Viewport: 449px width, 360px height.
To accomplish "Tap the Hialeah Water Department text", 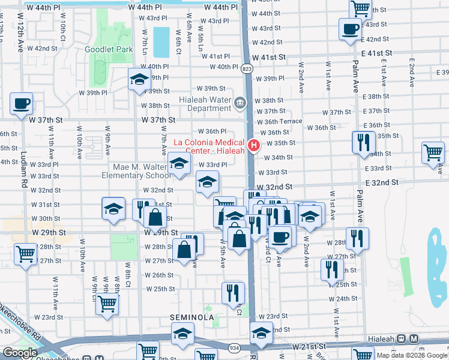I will coord(205,103).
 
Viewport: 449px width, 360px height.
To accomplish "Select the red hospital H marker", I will coord(254,145).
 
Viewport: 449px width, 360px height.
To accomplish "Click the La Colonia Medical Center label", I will coord(209,146).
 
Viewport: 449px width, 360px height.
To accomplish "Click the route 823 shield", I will coord(247,70).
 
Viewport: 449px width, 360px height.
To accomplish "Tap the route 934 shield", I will coord(234,347).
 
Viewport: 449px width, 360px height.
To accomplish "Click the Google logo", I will coord(20,353).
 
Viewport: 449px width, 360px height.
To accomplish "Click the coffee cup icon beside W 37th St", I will coord(21,103).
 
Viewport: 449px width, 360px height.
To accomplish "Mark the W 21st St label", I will coord(309,347).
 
